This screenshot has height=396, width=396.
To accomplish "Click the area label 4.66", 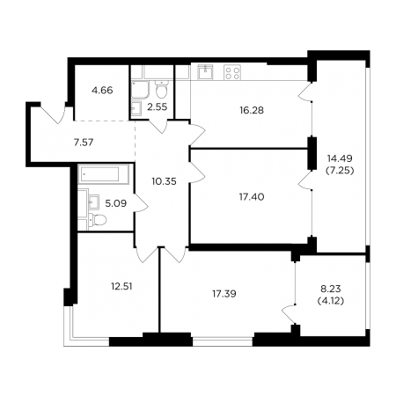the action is click(102, 91).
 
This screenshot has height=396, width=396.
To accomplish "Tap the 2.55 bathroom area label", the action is click(158, 107).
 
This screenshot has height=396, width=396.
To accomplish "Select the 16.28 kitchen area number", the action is click(252, 110).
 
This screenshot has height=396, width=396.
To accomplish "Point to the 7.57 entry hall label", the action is click(84, 143).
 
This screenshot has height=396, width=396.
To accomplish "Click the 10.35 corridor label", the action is click(165, 181).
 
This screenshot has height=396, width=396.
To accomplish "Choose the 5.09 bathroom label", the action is click(116, 203).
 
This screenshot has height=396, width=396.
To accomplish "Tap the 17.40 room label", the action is click(252, 197).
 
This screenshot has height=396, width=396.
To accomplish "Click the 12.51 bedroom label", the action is click(121, 286).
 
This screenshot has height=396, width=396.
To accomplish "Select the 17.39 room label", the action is click(224, 294).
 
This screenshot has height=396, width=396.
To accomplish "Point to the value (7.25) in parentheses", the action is click(340, 171).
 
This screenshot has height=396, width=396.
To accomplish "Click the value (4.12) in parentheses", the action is click(331, 301).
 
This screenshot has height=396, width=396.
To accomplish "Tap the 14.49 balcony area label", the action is click(340, 158).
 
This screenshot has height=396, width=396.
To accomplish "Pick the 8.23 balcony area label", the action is click(331, 289).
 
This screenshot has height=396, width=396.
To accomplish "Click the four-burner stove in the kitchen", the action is click(232, 72).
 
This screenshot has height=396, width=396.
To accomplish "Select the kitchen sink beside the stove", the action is click(206, 72).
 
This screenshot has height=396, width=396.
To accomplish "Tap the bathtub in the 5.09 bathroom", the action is click(103, 174).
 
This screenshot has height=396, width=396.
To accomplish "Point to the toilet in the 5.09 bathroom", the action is click(98, 220).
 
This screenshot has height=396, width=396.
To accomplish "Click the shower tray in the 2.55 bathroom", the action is click(140, 90).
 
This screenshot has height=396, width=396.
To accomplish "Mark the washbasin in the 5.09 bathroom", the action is click(94, 202).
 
